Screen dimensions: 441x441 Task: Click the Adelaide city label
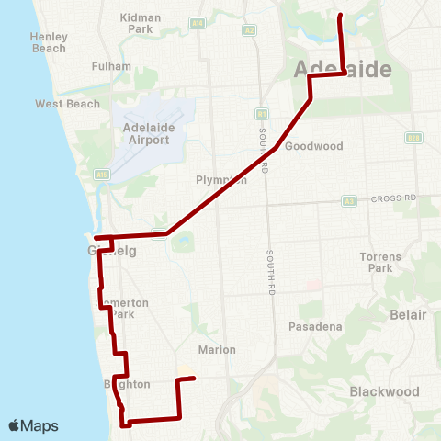344,71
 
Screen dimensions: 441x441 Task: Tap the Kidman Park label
140,23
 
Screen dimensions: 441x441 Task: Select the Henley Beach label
49,41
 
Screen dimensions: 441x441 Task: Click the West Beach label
67,104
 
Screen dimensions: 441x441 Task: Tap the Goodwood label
313,146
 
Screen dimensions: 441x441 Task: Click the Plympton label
221,180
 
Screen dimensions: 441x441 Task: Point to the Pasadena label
315,326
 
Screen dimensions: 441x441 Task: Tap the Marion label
217,349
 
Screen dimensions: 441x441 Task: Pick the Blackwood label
385,391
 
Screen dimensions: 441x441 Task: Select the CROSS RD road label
394,198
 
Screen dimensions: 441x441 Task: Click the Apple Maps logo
33,425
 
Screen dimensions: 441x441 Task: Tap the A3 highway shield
349,200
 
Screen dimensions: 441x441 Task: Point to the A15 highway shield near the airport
102,173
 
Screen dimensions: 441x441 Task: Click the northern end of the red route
340,16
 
